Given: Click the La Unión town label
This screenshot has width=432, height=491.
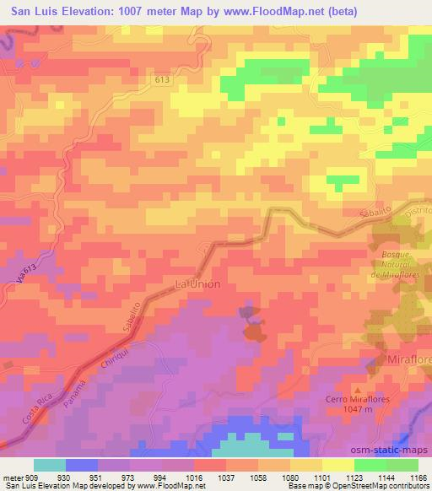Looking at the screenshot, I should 197,284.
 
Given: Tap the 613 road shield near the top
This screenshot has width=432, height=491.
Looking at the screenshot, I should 162,78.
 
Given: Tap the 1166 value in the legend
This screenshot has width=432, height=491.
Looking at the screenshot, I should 418,477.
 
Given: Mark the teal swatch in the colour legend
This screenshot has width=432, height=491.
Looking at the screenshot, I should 50,465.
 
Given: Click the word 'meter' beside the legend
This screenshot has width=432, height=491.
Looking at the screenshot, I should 12,477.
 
